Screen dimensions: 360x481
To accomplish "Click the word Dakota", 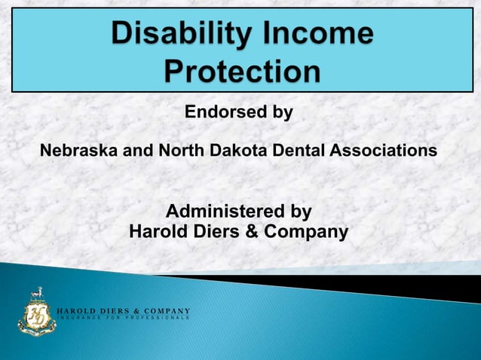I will pyautogui.click(x=243, y=151).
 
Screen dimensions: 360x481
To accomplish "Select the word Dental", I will pyautogui.click(x=299, y=151).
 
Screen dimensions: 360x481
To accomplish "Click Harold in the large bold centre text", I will pyautogui.click(x=157, y=232).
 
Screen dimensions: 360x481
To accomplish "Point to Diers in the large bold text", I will pyautogui.click(x=215, y=232).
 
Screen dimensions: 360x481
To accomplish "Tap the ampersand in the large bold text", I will pyautogui.click(x=253, y=232).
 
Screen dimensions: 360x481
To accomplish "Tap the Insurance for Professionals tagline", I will pyautogui.click(x=124, y=319).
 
